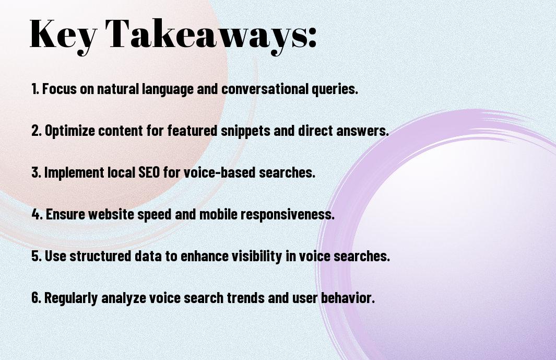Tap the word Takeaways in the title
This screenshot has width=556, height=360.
[x=206, y=35]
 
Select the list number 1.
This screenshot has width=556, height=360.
[x=35, y=89]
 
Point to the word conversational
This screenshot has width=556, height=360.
[x=265, y=89]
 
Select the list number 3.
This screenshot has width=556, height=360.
[x=36, y=172]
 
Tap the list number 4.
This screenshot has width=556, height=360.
[x=37, y=214]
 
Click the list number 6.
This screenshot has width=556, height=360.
[x=37, y=298]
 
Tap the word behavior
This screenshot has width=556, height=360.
[x=348, y=297]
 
